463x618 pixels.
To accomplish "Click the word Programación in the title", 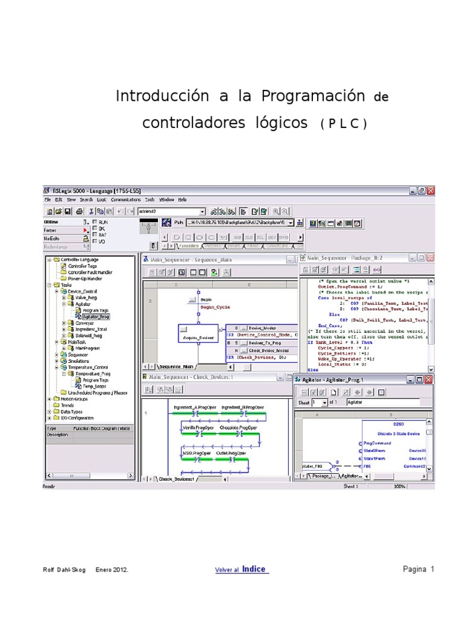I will pos(313,96).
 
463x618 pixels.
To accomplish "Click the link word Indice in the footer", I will pos(254,569).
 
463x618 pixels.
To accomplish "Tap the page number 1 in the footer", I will pos(432,569).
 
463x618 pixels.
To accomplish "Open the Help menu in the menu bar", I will pos(182,200).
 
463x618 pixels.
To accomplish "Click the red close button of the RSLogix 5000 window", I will pos(430,190).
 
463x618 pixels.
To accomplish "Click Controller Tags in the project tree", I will pos(83,266).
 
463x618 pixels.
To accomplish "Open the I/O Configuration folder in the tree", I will pos(76,418).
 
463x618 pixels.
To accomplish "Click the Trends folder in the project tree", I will pos(68,405).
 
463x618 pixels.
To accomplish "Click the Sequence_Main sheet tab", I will pos(175,366).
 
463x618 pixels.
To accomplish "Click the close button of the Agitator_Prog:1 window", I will pos(428,380).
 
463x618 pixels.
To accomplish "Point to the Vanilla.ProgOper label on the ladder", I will pos(198,427).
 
